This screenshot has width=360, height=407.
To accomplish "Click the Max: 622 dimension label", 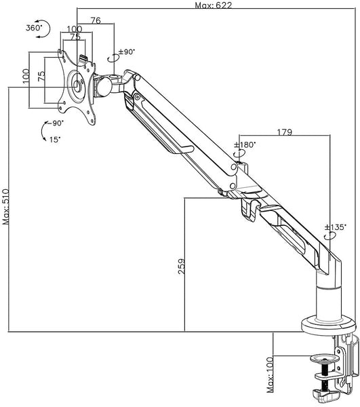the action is pyautogui.click(x=213, y=5).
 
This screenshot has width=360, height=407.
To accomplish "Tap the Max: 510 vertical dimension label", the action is pyautogui.click(x=5, y=207).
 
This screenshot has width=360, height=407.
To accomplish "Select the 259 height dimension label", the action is pyautogui.click(x=182, y=267).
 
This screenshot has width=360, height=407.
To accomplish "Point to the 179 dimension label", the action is pyautogui.click(x=285, y=132).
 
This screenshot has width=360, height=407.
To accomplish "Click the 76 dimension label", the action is pyautogui.click(x=96, y=20).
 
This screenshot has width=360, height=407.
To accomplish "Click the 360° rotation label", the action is pyautogui.click(x=34, y=28).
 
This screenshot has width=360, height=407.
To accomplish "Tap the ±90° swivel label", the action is pyautogui.click(x=127, y=52).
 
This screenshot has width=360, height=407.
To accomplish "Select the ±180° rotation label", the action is pyautogui.click(x=245, y=144).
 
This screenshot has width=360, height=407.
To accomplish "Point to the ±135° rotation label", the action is pyautogui.click(x=336, y=227).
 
